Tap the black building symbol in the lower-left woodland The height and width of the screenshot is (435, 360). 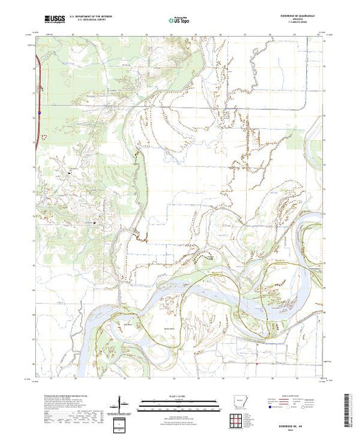pyautogui.click(x=94, y=222)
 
